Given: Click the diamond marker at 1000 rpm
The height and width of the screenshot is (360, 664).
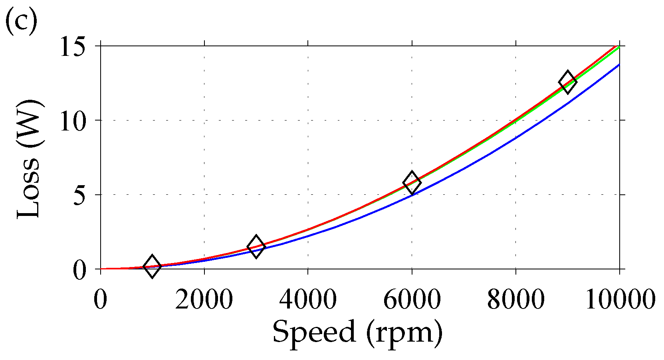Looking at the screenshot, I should click(x=152, y=266).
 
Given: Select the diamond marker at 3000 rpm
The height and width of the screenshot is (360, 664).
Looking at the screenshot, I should click(x=256, y=247).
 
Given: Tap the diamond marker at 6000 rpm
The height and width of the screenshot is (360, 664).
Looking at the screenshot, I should click(x=412, y=183).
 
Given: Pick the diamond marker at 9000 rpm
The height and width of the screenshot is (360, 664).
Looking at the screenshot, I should click(x=567, y=82).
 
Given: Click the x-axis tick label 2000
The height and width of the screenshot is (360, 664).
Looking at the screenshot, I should click(x=204, y=299).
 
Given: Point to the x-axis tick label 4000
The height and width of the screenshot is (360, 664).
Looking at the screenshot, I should click(x=308, y=299).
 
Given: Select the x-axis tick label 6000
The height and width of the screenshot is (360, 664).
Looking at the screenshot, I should click(x=412, y=299).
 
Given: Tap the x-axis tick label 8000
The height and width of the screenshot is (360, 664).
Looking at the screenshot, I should click(x=515, y=299).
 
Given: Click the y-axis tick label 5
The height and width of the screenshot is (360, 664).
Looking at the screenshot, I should click(x=80, y=195).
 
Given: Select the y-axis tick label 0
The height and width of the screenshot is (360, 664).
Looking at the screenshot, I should click(x=80, y=270).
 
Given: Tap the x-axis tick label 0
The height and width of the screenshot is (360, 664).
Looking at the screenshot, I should click(x=100, y=299).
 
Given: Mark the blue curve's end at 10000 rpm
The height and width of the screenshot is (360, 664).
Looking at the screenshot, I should click(x=619, y=64).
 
